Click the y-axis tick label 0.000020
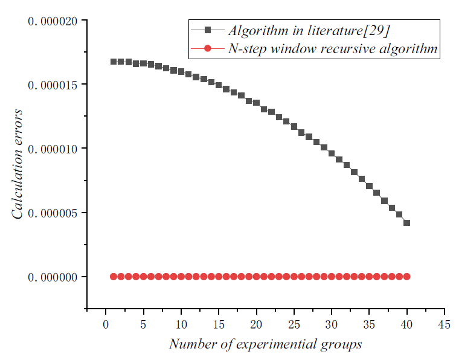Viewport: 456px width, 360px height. coord(53,22)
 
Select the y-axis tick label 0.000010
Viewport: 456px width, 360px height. coord(53,149)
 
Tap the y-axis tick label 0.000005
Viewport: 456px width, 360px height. coord(53,213)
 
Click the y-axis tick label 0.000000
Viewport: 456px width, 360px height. coord(53,277)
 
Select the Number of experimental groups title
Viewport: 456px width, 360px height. coord(265,344)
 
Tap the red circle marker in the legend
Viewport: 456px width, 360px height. coord(207,49)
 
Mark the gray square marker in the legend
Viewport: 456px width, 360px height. coord(207,29)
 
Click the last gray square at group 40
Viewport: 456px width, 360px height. coord(406,223)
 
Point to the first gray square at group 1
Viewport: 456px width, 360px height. coord(114,62)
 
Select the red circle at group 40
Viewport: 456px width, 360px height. coord(406,276)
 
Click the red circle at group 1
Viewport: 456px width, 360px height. coord(114,276)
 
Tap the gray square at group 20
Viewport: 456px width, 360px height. coord(257,103)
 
